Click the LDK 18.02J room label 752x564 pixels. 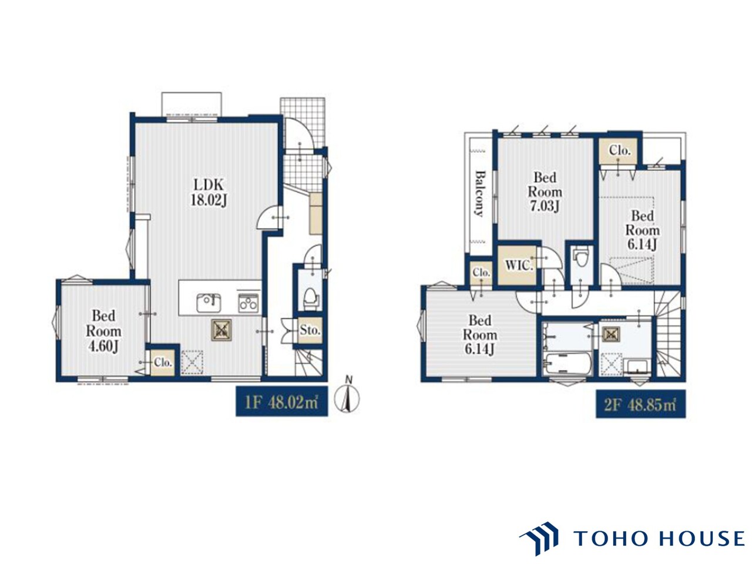(x=209, y=193)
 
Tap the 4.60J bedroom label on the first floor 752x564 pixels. (x=103, y=331)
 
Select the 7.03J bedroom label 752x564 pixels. (x=545, y=192)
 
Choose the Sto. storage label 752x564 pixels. (x=310, y=330)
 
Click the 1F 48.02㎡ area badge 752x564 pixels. (x=281, y=402)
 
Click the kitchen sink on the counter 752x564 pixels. (x=209, y=303)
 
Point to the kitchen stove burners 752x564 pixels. (x=249, y=303)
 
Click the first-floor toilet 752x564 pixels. (x=310, y=298)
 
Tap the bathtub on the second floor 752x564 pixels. (x=568, y=364)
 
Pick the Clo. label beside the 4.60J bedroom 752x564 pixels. (x=162, y=362)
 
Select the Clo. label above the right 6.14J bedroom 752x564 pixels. (x=620, y=150)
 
